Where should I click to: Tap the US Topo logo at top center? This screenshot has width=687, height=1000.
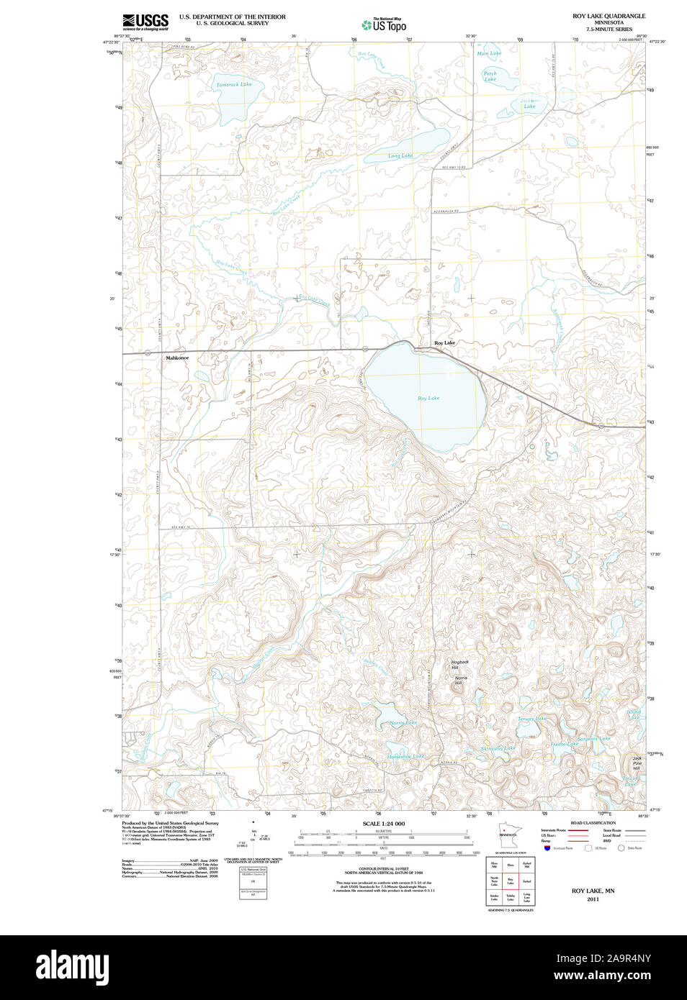385,25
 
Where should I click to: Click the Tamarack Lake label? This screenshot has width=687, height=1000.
234,85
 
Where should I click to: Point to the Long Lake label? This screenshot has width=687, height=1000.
400,156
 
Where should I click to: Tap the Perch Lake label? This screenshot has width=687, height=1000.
490,76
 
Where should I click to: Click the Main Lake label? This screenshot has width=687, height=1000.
489,53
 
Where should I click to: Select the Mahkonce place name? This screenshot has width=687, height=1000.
176,358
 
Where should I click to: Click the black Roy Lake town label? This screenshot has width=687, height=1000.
444,343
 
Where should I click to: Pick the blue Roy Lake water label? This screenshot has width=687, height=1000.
428,398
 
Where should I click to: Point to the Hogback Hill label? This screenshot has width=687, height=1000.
459,665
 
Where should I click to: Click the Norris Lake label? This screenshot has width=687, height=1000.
403,723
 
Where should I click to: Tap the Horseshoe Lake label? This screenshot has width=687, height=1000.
405,757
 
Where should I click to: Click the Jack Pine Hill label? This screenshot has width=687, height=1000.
637,763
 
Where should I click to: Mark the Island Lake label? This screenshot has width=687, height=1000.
634,714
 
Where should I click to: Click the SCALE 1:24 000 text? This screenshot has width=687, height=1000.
383,824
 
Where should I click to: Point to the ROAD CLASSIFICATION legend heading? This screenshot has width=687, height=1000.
593,823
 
